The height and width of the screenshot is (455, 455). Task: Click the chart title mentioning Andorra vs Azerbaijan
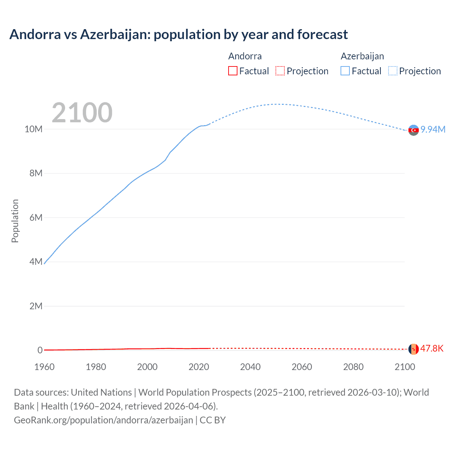(178, 34)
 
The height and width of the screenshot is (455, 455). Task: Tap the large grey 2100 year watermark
(82, 113)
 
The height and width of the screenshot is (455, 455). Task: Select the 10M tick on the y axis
(33, 129)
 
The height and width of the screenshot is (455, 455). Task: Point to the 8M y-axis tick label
(36, 173)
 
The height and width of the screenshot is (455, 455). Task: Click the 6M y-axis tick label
(36, 218)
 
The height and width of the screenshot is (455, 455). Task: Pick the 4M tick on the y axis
(36, 262)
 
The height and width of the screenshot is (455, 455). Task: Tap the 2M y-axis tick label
(36, 306)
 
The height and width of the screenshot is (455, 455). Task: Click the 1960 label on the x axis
(44, 367)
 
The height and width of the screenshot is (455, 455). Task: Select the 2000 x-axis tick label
(147, 367)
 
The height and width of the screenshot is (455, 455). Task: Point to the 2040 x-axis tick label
(250, 367)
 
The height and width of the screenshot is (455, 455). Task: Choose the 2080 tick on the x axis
(353, 367)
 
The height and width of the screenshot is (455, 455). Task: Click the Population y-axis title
(15, 221)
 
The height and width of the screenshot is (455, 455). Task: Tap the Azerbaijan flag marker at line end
(413, 130)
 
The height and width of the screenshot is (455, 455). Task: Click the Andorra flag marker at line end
(413, 349)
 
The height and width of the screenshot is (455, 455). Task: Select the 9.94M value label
(433, 129)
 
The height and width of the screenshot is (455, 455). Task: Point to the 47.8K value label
(432, 348)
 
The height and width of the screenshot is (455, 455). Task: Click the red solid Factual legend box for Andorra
(233, 71)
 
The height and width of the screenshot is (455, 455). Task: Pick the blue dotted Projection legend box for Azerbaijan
(393, 71)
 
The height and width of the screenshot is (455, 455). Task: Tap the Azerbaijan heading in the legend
(362, 56)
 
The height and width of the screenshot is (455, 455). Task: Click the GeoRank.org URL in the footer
(103, 420)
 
